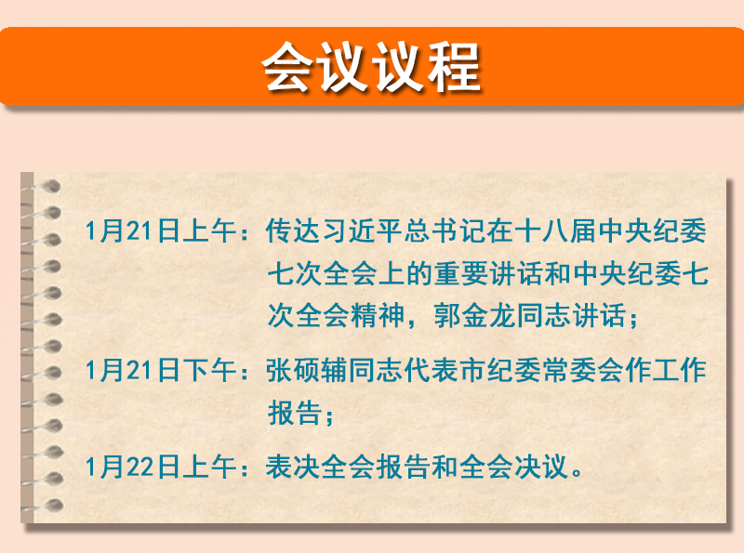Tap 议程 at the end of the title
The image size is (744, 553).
pos(426,66)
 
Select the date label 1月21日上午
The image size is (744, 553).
pos(161,231)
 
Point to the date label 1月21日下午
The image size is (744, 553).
pos(161,370)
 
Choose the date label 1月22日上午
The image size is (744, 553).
pos(161,467)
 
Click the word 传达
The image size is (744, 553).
pos(293,231)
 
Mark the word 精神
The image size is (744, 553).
pos(378,315)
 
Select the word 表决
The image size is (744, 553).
pos(293,467)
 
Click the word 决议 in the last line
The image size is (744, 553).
pos(543,467)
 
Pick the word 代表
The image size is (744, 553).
pos(432,370)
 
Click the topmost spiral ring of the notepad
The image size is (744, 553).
pos(46,187)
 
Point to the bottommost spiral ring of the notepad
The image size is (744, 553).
pos(46,506)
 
